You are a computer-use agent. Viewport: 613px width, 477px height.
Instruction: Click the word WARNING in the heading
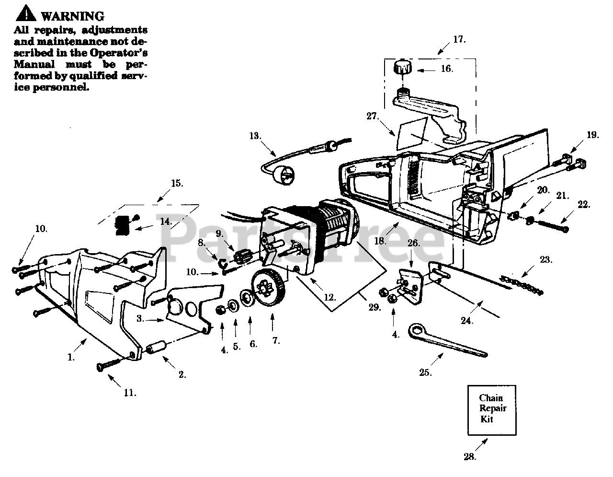tap(72, 16)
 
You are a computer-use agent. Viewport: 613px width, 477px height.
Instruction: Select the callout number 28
tap(471, 457)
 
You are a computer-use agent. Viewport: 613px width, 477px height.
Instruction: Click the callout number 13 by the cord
tap(255, 136)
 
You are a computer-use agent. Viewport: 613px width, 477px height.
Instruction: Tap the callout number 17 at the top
tap(459, 39)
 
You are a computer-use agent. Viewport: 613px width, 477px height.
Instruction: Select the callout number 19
tap(592, 135)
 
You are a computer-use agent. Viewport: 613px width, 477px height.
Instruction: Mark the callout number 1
tap(72, 357)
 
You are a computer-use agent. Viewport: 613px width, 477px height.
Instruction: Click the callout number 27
tap(373, 116)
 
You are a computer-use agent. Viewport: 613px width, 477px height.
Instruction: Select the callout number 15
tap(177, 183)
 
